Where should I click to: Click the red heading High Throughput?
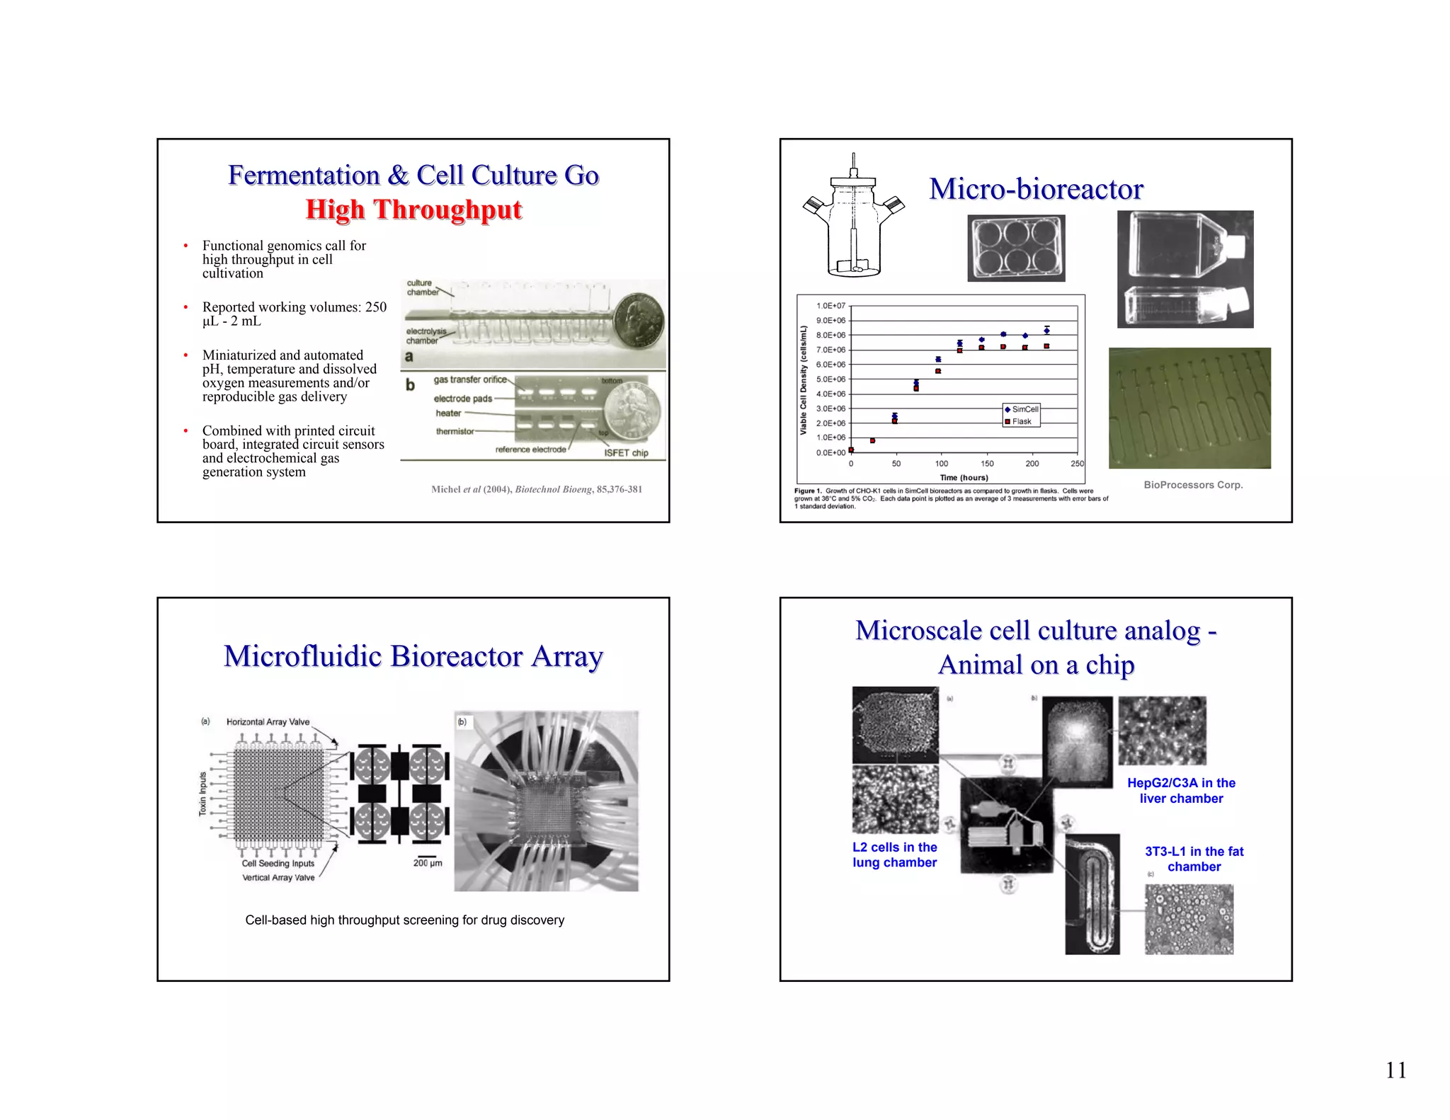[x=413, y=210]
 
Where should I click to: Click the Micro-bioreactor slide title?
[x=1036, y=189]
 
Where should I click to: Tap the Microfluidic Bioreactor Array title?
[x=413, y=656]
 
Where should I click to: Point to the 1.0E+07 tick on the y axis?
[x=830, y=306]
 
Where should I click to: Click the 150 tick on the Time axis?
[x=987, y=464]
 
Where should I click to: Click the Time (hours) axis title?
[x=964, y=478]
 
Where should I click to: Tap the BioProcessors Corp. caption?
[x=1193, y=485]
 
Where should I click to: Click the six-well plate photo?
[x=1016, y=248]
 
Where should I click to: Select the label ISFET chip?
[x=626, y=453]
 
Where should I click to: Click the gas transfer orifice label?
[x=470, y=379]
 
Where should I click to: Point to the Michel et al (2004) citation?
[x=537, y=489]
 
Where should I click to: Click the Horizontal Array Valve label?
[x=268, y=722]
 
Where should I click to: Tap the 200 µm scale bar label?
[x=428, y=863]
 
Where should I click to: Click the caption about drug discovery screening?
[x=405, y=920]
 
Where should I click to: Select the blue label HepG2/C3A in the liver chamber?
[x=1181, y=791]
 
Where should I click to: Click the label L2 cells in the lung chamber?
[x=894, y=855]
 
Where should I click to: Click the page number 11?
[x=1395, y=1070]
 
